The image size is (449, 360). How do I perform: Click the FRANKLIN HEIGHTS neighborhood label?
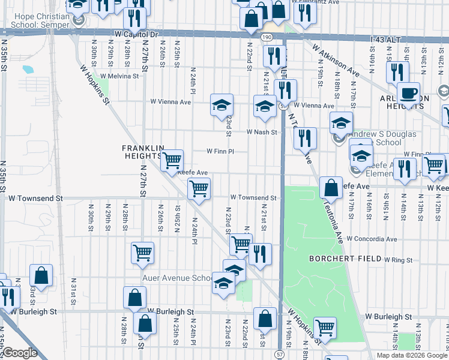[x=143, y=152]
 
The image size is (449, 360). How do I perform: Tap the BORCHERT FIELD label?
[x=345, y=259]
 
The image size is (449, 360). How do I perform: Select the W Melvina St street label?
[x=119, y=76]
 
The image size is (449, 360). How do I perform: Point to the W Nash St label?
[x=262, y=132]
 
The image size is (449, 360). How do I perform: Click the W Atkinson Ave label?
[x=336, y=63]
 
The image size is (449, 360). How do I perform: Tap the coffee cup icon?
[x=408, y=94]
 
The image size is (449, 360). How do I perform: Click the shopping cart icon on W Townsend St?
[x=198, y=189]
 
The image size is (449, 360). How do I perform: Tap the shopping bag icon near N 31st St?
[x=41, y=275]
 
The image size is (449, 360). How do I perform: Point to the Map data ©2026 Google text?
[x=412, y=355]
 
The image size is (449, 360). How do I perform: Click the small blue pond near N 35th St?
[x=28, y=69]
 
